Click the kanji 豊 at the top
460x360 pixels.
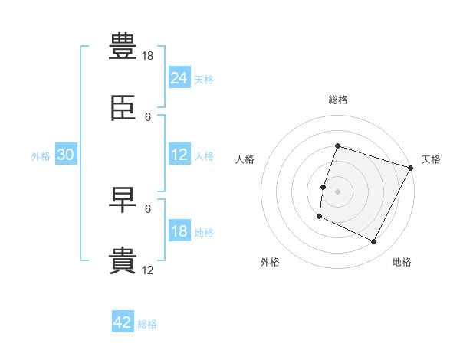(x=123, y=46)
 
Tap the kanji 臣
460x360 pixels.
(x=123, y=108)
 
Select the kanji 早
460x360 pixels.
(x=123, y=200)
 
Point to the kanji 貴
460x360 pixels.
(x=123, y=260)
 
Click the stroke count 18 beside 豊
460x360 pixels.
(x=147, y=56)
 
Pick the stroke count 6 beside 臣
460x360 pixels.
(x=148, y=117)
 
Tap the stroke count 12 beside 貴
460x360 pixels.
(x=147, y=270)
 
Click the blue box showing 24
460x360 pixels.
(x=179, y=77)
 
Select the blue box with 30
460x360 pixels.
(x=66, y=154)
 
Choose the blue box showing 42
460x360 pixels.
(x=123, y=321)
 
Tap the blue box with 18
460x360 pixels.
(x=179, y=230)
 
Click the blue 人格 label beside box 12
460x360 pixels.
(x=204, y=156)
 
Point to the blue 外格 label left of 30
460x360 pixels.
(x=41, y=156)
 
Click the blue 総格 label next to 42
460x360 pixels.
(x=147, y=324)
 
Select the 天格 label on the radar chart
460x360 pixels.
(x=431, y=159)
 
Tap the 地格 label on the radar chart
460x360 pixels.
(x=402, y=262)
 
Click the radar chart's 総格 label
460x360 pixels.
(x=338, y=100)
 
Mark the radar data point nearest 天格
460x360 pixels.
(x=410, y=168)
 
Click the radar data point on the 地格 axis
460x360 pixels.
(x=373, y=241)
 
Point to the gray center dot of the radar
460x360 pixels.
(x=337, y=191)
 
